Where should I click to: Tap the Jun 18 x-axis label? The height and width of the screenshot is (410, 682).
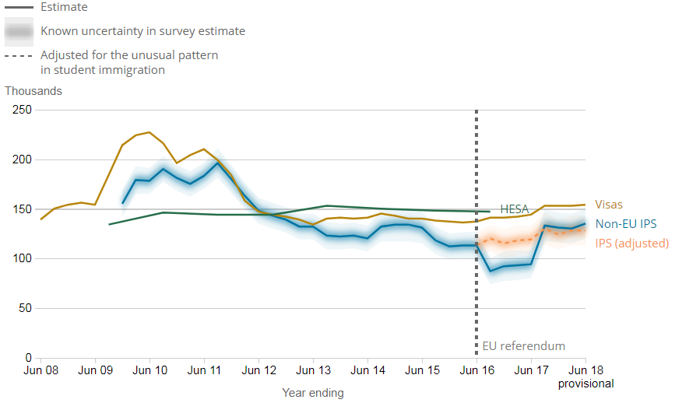click(585, 371)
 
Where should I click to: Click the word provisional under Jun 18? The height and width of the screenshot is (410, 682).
click(585, 384)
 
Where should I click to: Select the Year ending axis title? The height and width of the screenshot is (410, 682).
click(312, 393)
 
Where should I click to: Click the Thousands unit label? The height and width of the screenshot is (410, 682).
click(33, 91)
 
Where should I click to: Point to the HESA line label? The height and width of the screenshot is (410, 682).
click(514, 209)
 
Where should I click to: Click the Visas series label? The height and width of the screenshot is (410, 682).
click(609, 205)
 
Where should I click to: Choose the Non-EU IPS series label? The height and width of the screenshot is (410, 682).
click(624, 224)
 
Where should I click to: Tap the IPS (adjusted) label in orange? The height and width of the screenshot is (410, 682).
click(631, 244)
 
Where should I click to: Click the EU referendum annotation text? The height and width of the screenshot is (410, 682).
click(524, 346)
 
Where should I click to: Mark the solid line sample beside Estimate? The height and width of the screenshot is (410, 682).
click(19, 7)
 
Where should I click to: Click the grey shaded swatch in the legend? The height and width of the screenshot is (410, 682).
click(19, 32)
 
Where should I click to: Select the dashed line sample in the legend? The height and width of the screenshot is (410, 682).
click(19, 56)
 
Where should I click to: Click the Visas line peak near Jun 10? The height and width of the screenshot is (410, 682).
click(149, 132)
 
